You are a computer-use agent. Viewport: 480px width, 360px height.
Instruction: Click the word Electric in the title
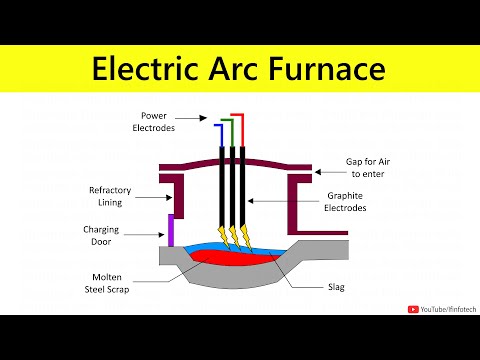pos(143,70)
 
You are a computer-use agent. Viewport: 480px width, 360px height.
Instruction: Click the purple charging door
pos(170,230)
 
